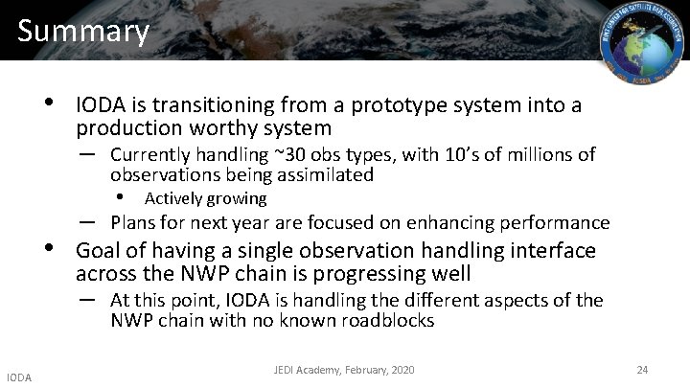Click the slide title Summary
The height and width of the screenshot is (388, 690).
(83, 31)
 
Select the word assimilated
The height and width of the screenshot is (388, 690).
(325, 175)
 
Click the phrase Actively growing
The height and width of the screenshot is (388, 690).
(204, 198)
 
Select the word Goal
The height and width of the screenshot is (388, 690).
(98, 251)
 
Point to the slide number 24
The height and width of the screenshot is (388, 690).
(641, 369)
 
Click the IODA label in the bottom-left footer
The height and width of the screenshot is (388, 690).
(17, 377)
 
